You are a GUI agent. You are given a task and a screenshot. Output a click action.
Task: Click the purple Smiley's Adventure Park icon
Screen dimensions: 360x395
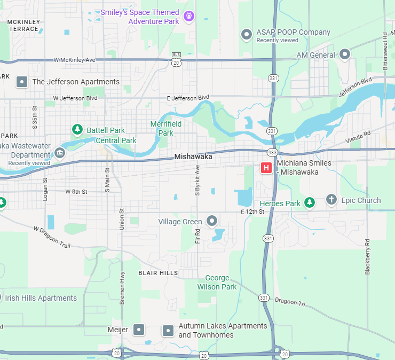(188, 17)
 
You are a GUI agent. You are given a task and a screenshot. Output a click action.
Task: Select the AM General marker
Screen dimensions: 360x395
(345, 54)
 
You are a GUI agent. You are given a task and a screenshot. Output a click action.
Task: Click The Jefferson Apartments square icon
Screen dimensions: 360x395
(22, 82)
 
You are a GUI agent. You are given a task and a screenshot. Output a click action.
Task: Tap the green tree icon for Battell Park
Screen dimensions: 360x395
(77, 129)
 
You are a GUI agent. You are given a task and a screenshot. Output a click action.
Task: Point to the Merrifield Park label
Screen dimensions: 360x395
(166, 128)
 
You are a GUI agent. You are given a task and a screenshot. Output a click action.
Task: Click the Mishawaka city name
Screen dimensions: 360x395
(193, 157)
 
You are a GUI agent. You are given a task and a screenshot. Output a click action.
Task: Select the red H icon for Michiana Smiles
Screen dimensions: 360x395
(265, 168)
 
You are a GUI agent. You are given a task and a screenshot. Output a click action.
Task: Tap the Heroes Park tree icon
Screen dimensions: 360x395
(309, 202)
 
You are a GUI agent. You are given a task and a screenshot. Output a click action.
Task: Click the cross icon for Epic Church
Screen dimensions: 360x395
(331, 200)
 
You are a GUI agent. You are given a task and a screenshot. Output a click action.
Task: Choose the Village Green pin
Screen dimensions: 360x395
(212, 221)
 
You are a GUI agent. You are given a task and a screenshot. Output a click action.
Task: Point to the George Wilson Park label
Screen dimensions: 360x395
(217, 282)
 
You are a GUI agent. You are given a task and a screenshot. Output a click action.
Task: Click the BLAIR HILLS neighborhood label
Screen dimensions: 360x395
(158, 273)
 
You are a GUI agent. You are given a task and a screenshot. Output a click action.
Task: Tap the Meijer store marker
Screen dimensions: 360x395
(139, 330)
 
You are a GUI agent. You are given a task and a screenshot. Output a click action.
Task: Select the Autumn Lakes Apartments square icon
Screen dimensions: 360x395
(168, 331)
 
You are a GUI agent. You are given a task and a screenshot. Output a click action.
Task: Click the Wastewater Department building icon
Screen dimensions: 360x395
(59, 155)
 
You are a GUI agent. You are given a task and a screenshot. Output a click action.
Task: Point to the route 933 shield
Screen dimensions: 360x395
(273, 152)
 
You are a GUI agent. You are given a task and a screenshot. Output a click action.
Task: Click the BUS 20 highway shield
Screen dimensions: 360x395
(176, 59)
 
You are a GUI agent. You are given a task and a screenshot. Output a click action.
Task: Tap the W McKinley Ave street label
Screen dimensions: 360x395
(74, 60)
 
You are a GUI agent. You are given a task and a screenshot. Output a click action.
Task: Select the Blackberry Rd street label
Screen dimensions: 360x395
(368, 257)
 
